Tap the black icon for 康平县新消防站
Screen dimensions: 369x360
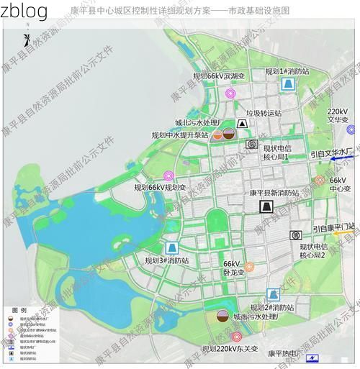(267, 207)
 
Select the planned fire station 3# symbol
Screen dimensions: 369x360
(171, 247)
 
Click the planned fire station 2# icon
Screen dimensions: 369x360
(273, 295)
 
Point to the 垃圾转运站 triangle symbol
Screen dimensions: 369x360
(243, 124)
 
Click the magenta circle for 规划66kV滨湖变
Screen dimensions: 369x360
(230, 94)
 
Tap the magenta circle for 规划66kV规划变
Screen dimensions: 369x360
(168, 176)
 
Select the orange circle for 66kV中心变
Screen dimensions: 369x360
(320, 180)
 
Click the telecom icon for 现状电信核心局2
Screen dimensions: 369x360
(295, 235)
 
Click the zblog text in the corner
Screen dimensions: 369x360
(24, 10)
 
